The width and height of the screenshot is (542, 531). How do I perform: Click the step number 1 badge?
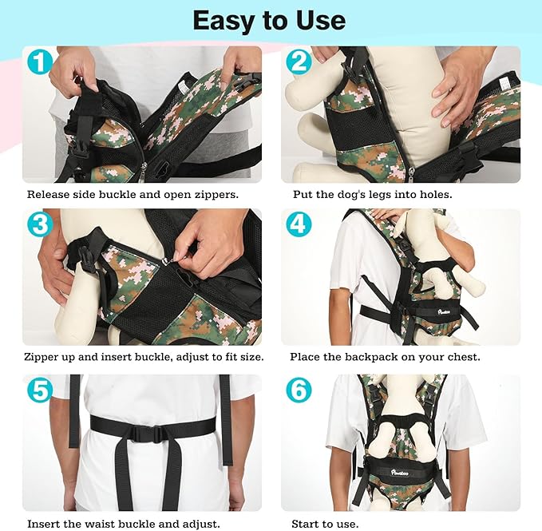[x=39, y=61]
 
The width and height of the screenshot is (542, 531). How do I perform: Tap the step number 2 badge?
[x=299, y=61]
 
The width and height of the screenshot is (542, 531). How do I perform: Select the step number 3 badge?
[x=39, y=224]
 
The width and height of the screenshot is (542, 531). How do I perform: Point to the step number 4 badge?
[x=299, y=224]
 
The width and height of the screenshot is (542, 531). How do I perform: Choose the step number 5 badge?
[x=39, y=390]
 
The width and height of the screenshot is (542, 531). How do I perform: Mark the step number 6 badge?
[x=299, y=390]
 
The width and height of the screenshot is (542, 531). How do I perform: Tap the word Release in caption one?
[x=49, y=194]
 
